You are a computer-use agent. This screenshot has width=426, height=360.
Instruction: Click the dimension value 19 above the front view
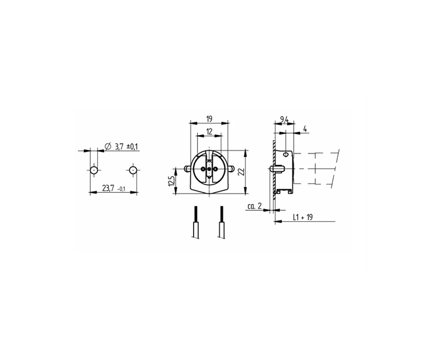(209, 119)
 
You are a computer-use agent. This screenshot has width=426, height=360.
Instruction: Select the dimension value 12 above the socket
(209, 132)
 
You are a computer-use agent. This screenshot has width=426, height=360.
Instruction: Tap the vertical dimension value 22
(242, 172)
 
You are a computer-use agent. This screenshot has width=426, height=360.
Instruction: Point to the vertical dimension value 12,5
(171, 181)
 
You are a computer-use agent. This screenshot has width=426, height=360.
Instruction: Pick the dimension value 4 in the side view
(305, 129)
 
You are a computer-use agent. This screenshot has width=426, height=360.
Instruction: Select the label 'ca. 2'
(254, 206)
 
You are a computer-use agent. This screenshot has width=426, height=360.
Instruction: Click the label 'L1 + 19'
(303, 217)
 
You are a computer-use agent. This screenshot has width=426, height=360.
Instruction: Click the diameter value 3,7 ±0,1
(126, 146)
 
